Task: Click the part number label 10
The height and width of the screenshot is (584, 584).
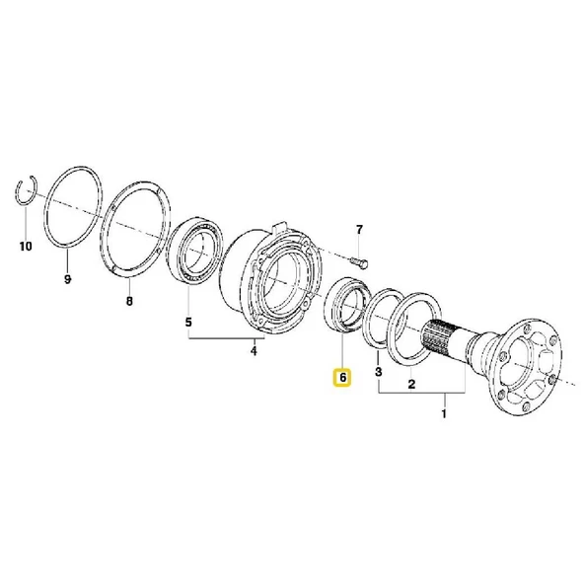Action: coord(26,247)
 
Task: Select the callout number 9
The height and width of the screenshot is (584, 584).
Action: coord(67,278)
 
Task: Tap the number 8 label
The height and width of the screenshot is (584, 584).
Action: coord(129,301)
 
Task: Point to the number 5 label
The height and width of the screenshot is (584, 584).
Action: coord(188,322)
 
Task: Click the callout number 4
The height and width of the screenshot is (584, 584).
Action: coord(254,350)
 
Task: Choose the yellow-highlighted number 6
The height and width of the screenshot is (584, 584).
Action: coord(342,377)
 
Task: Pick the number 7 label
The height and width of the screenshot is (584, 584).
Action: coord(359,230)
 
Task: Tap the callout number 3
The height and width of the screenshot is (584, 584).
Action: coord(379,371)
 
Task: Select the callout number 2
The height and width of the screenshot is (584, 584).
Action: coord(411,384)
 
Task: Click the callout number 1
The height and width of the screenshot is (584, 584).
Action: coord(444,413)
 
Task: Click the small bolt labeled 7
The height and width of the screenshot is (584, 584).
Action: coord(360,262)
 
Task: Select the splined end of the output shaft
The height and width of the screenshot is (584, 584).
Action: coord(439,335)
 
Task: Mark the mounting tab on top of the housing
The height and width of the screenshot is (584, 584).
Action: coord(279,227)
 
